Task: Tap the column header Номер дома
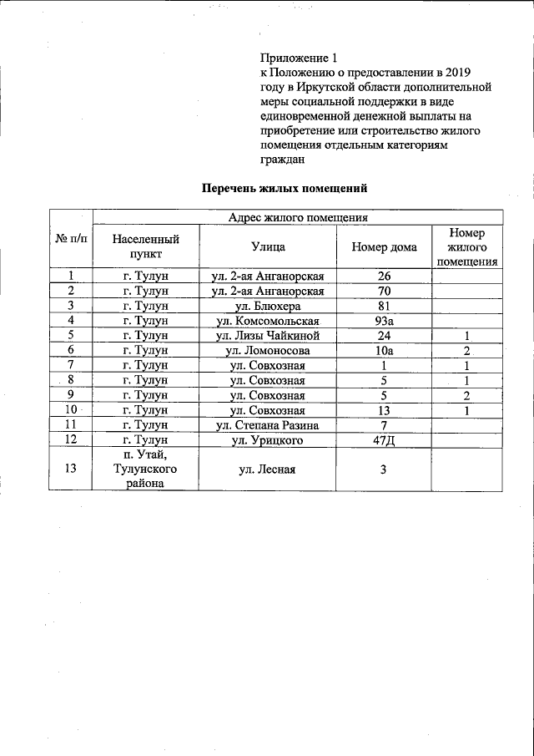pyautogui.click(x=384, y=246)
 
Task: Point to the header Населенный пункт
pyautogui.click(x=146, y=246)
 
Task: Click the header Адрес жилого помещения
pyautogui.click(x=298, y=217)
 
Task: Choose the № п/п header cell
pyautogui.click(x=71, y=239)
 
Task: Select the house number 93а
pyautogui.click(x=385, y=321)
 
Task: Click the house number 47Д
pyautogui.click(x=385, y=440)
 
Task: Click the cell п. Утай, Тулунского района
pyautogui.click(x=146, y=469)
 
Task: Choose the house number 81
pyautogui.click(x=385, y=306)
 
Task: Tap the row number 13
pyautogui.click(x=71, y=469)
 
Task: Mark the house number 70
pyautogui.click(x=385, y=291)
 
